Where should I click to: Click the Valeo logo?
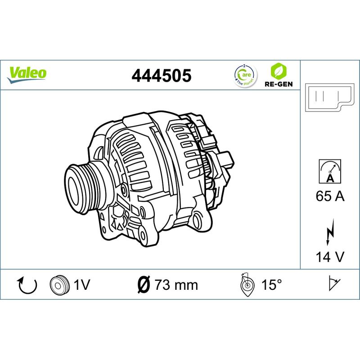tap(27, 75)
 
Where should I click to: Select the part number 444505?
tap(162, 76)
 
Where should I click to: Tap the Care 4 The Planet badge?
tap(245, 75)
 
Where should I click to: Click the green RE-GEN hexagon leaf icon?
tap(279, 71)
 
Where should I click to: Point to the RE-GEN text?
tap(279, 84)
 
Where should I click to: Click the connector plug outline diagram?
tap(330, 98)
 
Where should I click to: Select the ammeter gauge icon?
tap(330, 171)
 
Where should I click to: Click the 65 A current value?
tap(330, 196)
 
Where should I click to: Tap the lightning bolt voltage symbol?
tap(330, 232)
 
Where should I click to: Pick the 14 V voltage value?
tap(330, 256)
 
